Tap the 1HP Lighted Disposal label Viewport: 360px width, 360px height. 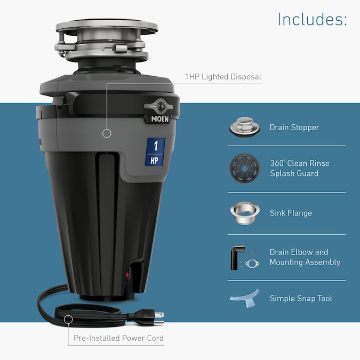223,77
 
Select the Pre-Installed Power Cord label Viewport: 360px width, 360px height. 118,338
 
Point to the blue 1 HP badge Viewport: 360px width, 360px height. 155,152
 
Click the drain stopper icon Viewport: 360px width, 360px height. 244,127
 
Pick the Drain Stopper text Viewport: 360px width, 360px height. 294,127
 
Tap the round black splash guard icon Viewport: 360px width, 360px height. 244,168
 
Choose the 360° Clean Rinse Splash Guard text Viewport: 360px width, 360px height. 299,168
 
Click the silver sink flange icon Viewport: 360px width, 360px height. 244,212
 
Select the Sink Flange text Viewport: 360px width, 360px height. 291,213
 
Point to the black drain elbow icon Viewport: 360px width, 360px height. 237,257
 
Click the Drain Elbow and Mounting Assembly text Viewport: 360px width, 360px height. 305,257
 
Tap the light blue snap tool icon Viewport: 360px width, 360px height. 244,298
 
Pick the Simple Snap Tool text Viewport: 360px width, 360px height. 301,299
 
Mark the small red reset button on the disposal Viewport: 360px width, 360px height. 127,276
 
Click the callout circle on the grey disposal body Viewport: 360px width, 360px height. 107,133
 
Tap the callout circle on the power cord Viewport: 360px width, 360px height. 68,319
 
